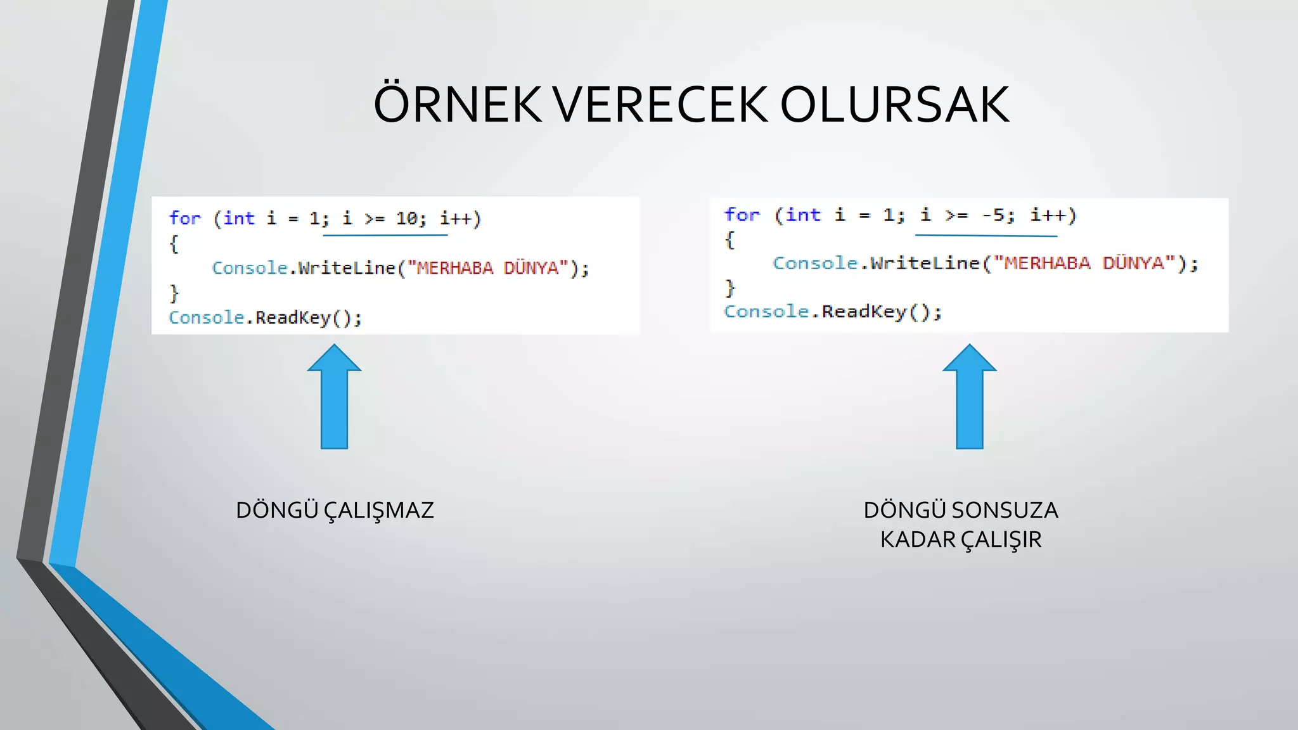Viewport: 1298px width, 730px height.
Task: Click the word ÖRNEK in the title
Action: coord(457,105)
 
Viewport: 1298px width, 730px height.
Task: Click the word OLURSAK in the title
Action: coord(894,105)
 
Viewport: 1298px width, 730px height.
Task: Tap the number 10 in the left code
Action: coord(406,219)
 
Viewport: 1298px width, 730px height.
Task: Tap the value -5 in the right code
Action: coord(994,215)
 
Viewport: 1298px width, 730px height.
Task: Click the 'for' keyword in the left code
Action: coord(184,219)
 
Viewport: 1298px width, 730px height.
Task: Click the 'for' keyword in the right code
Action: coord(742,215)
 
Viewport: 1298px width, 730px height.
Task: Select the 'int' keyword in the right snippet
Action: coord(803,215)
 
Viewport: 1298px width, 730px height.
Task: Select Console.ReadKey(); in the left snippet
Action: coord(265,317)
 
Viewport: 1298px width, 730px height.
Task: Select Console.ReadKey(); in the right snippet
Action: coord(832,312)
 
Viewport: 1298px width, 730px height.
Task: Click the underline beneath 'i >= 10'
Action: coord(385,235)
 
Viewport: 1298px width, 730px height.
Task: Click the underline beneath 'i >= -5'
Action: coord(986,236)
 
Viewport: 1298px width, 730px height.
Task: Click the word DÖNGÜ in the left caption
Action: coord(276,511)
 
